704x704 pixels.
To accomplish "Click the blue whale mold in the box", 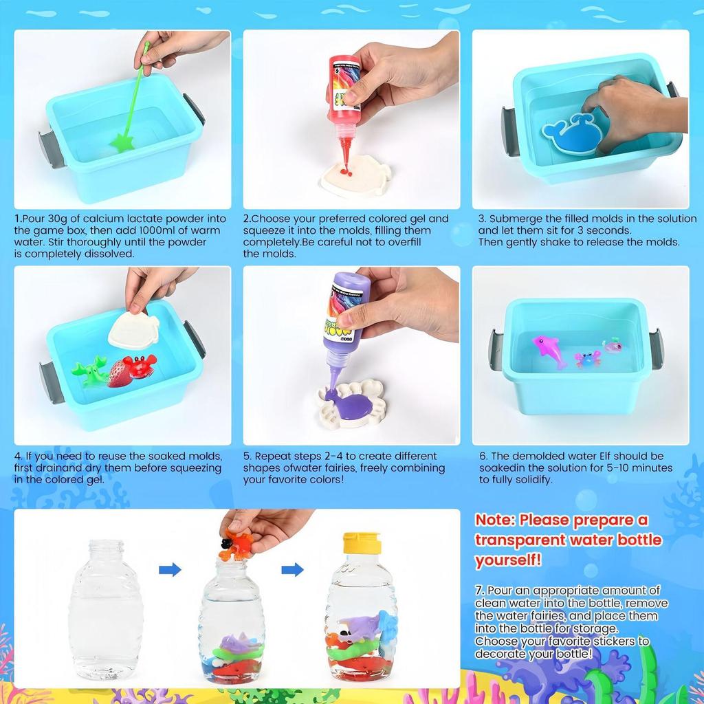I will (x=570, y=136).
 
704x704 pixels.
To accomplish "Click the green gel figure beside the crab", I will (x=90, y=372).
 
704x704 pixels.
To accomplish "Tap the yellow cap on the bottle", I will (x=362, y=543).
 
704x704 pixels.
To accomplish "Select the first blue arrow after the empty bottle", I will (x=170, y=569).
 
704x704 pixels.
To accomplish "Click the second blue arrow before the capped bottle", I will (x=292, y=569).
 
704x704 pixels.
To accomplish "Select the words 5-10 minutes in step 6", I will (x=621, y=468).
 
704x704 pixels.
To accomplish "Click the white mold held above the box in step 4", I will (x=134, y=329).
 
